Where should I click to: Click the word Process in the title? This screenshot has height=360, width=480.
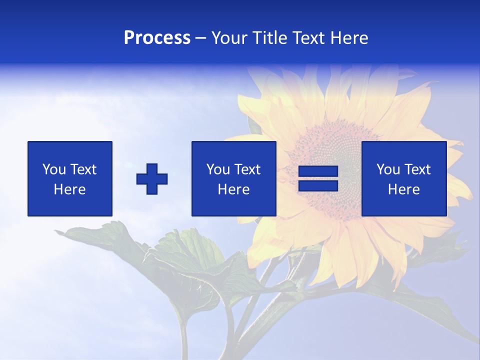pos(157,38)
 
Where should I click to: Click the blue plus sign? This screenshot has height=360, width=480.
pos(152,179)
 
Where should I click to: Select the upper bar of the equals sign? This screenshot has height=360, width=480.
pos(318,171)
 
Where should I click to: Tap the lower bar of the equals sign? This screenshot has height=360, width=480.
pos(318,186)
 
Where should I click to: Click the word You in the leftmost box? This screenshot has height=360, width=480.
pos(54,169)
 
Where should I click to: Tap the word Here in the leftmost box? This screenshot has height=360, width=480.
pos(70,189)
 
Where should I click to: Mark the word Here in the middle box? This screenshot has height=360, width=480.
pos(234,189)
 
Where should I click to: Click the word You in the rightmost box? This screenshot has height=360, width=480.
pos(388,169)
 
